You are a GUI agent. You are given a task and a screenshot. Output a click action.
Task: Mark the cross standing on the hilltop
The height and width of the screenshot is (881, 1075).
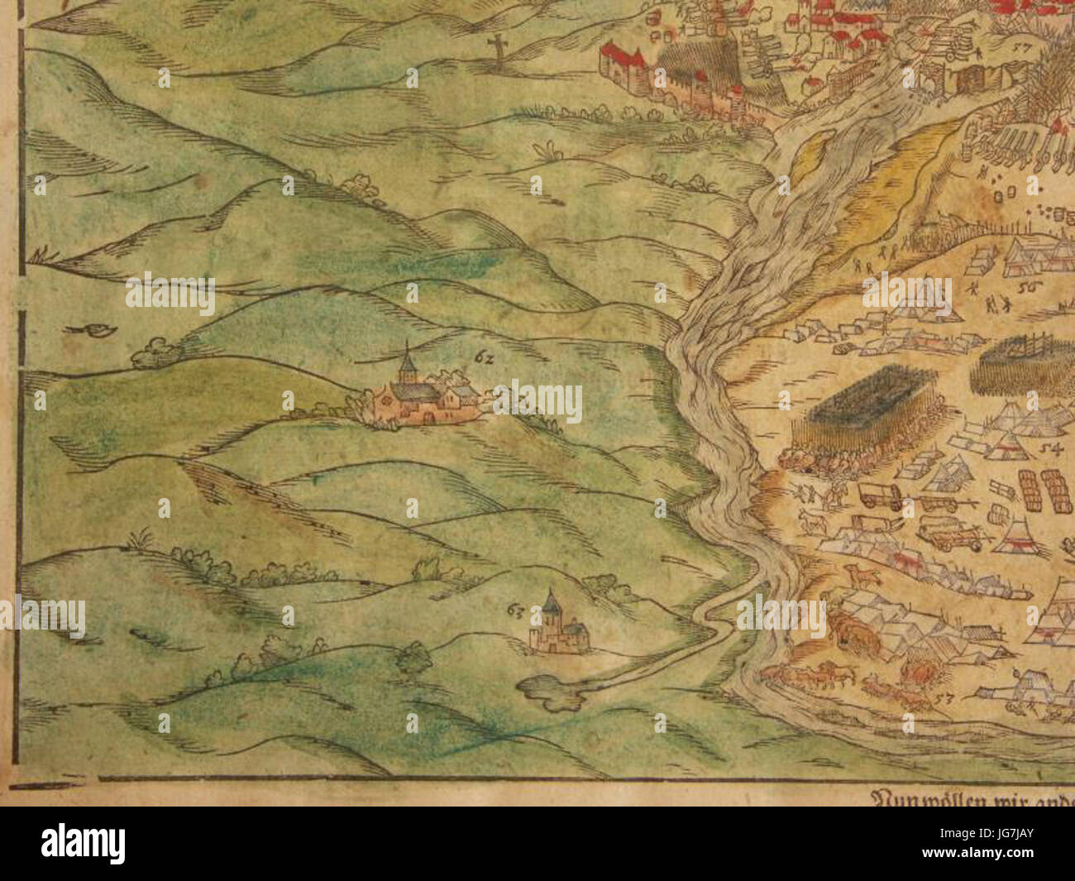coord(498,49)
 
